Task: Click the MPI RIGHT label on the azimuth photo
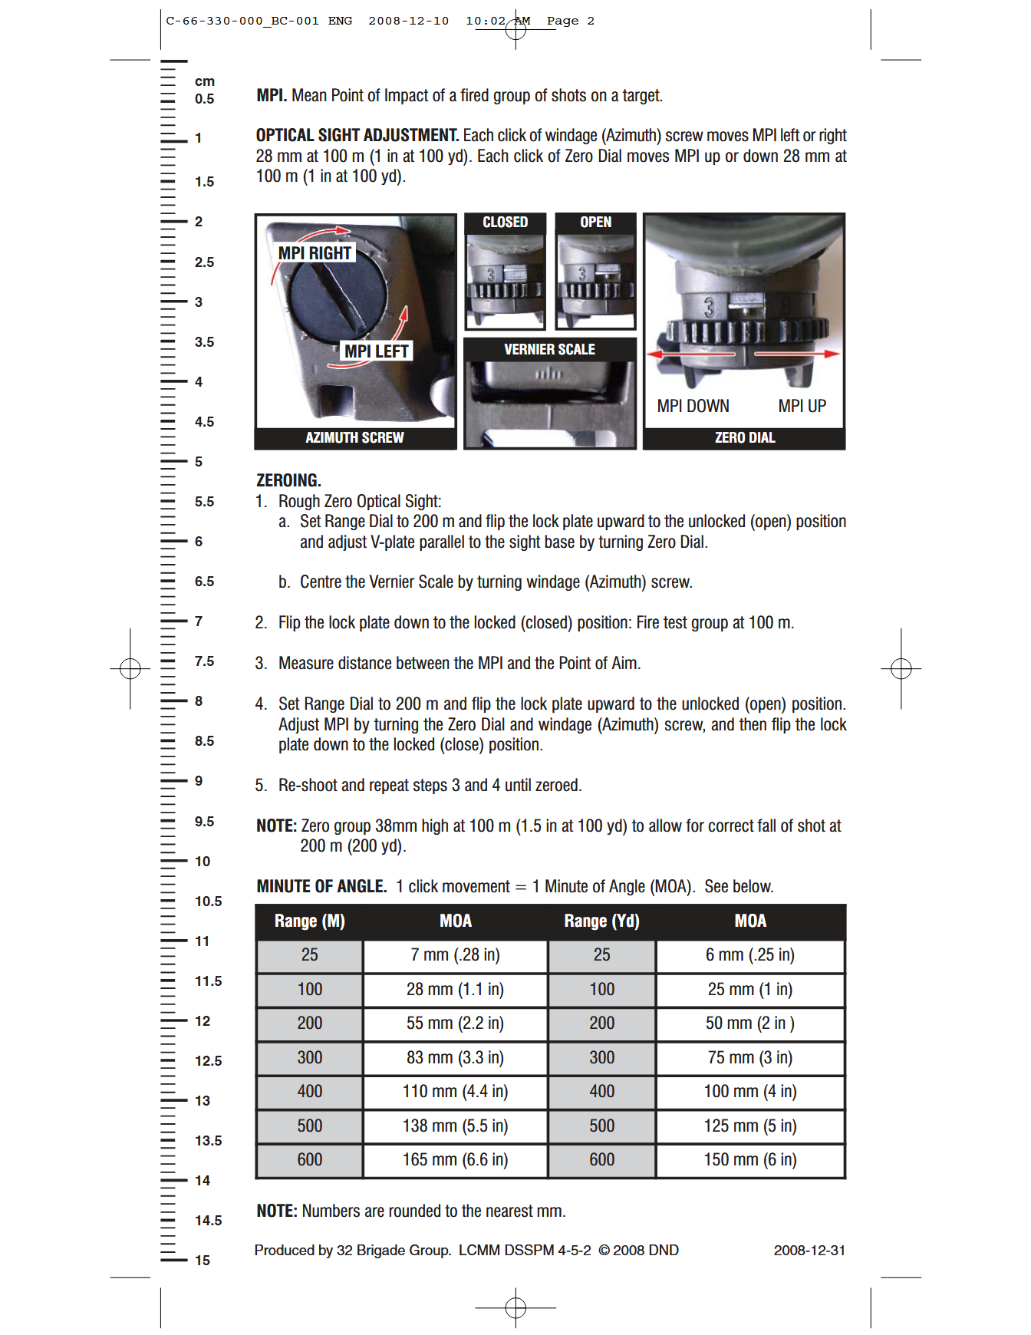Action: tap(315, 253)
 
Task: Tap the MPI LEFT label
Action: tap(376, 351)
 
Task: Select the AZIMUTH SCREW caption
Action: tap(354, 437)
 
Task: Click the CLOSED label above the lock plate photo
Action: tap(505, 222)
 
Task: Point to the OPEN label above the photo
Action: tap(595, 222)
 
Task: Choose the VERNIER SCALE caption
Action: tap(549, 349)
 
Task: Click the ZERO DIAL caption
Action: tap(744, 437)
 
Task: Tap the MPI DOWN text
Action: tap(693, 406)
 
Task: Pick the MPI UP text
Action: tap(802, 406)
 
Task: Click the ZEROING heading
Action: tap(288, 480)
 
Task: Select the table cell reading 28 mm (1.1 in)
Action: tap(455, 989)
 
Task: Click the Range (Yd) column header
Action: tap(601, 921)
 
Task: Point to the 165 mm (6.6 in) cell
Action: tap(455, 1159)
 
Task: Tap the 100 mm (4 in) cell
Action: tap(749, 1091)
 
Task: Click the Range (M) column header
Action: tap(309, 921)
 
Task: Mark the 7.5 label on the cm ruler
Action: tap(204, 661)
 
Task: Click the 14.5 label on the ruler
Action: tap(208, 1220)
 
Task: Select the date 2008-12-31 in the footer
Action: tap(809, 1250)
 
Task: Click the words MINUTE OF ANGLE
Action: tap(321, 886)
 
